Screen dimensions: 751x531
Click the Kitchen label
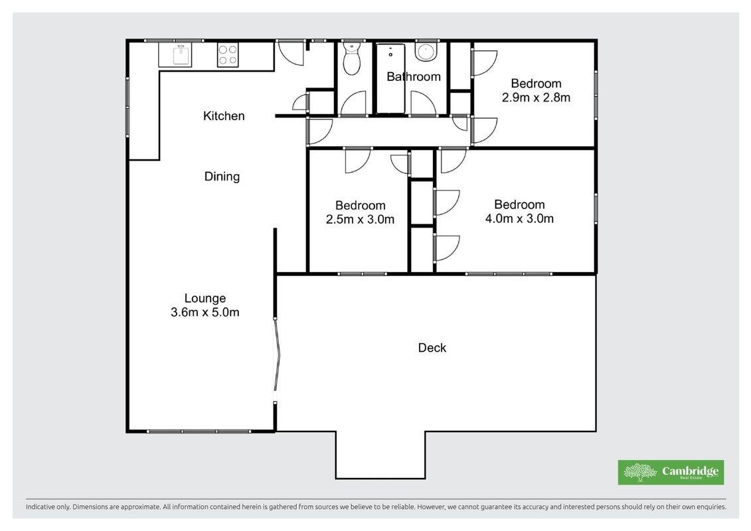click(224, 116)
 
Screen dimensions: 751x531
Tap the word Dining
click(222, 177)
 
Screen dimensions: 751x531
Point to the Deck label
click(432, 348)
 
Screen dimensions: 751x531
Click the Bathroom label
click(413, 76)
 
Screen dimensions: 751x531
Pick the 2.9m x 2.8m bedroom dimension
click(536, 98)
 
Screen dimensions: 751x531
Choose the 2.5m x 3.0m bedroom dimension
click(360, 219)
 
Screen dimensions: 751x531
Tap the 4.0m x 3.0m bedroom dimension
click(519, 218)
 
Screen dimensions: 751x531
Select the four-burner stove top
click(228, 55)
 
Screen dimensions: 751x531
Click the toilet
click(352, 59)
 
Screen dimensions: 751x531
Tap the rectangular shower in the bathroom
click(391, 79)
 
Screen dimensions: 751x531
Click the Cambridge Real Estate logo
click(671, 472)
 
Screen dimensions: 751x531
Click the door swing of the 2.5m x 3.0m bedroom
click(357, 161)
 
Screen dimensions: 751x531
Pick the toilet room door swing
click(353, 104)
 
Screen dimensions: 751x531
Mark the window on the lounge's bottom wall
click(199, 431)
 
